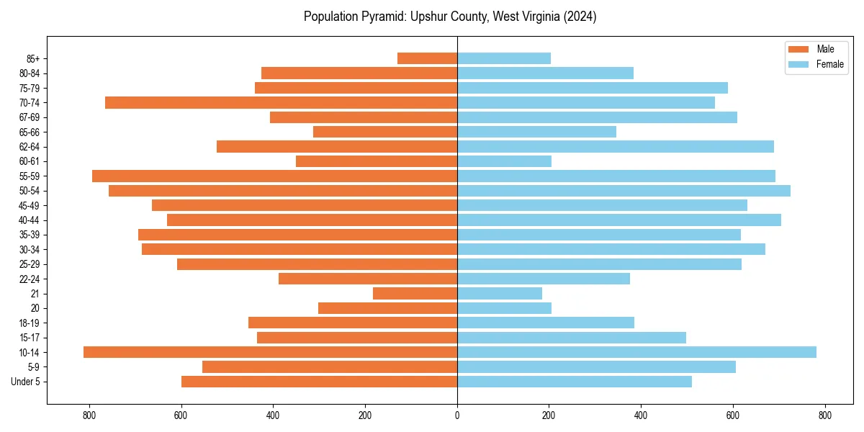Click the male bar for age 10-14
270,352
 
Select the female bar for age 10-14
636,352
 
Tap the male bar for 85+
427,58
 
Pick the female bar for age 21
500,293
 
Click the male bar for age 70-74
281,102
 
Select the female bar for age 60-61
504,161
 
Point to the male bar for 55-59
274,176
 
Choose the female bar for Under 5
575,382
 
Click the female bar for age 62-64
616,146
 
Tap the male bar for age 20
387,308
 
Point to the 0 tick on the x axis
457,415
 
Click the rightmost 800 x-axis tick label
825,415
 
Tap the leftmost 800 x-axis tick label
89,415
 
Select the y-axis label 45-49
30,205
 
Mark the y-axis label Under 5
26,382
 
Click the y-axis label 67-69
30,117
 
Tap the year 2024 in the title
580,17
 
